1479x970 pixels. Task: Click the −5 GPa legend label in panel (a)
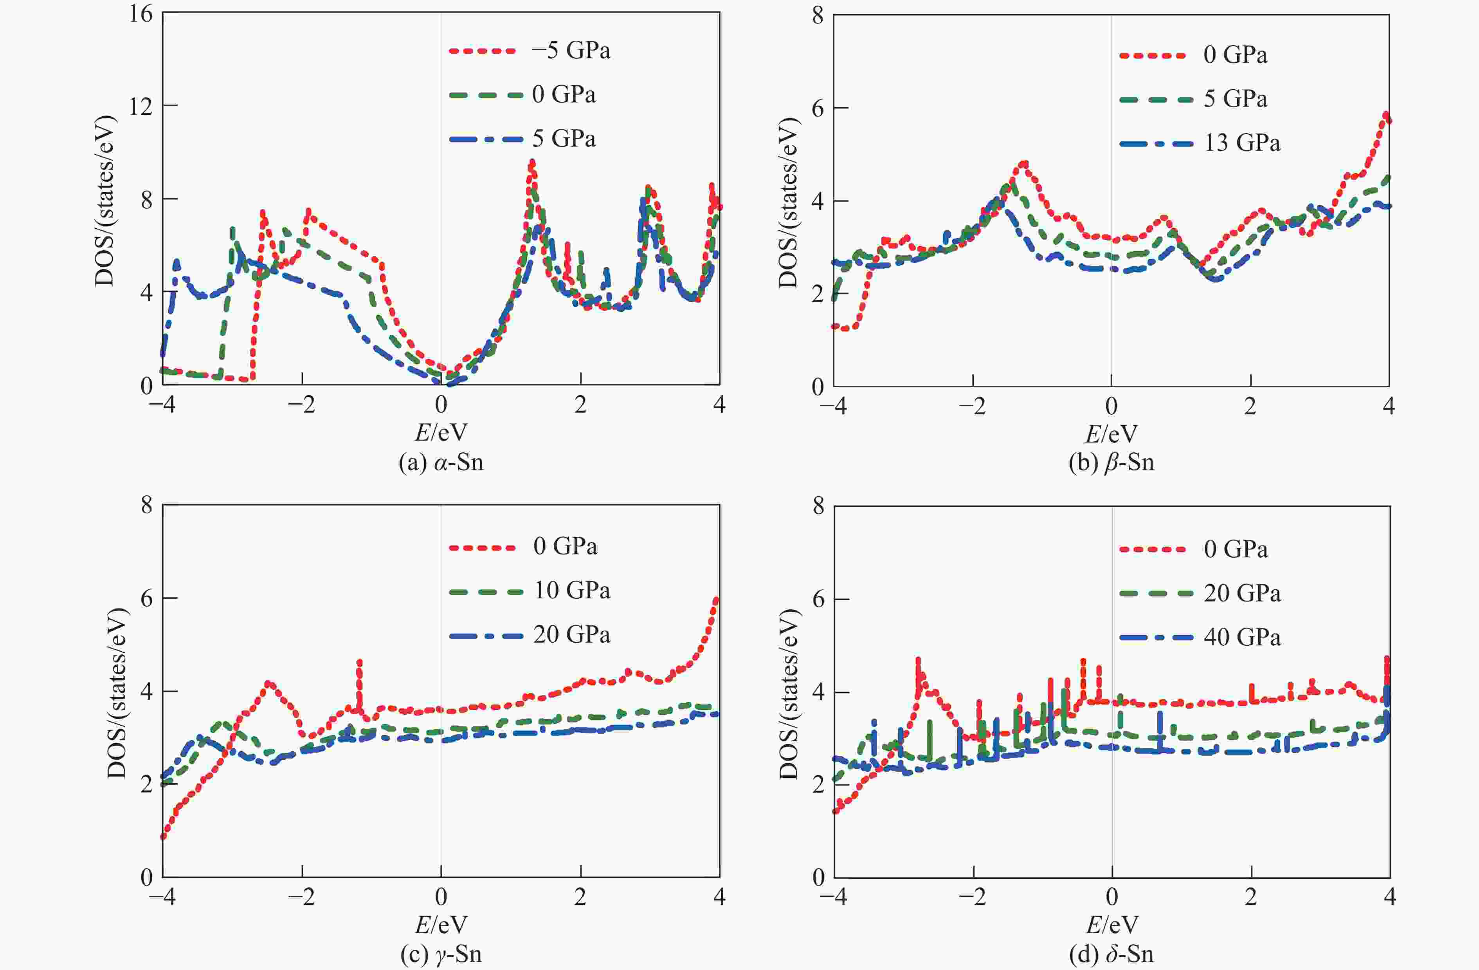point(571,51)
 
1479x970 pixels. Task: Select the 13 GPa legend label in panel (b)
point(1241,143)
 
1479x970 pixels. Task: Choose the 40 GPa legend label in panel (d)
point(1241,638)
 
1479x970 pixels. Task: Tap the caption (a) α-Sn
point(441,462)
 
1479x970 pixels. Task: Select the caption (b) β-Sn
point(1111,462)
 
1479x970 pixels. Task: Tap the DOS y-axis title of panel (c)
point(117,692)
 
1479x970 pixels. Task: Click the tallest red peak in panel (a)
point(532,163)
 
